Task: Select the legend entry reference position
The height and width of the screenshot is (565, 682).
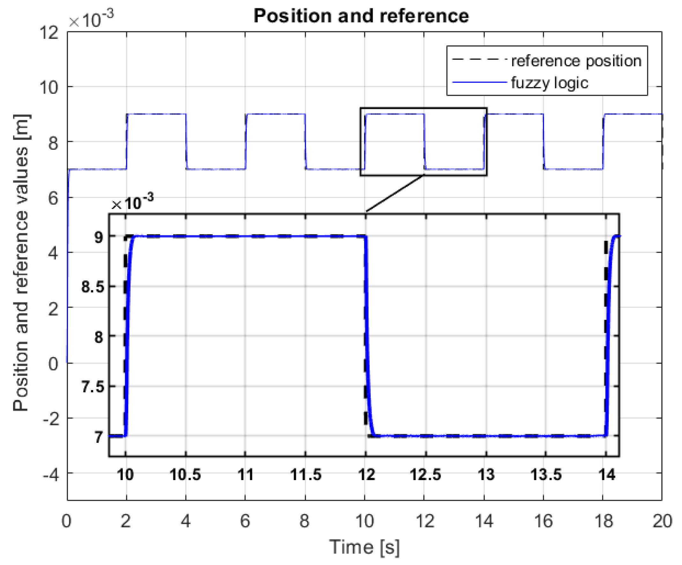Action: tap(576, 61)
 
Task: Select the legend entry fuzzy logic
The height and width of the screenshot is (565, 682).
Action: tap(550, 83)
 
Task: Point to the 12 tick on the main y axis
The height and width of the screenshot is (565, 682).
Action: tap(49, 33)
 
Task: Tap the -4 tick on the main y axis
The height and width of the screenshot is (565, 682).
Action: tap(51, 475)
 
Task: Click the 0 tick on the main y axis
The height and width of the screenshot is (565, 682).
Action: tap(54, 364)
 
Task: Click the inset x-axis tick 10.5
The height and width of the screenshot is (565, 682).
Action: tap(185, 475)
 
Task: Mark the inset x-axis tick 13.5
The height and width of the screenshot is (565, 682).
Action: tap(546, 475)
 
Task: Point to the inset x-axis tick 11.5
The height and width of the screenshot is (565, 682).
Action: tap(306, 475)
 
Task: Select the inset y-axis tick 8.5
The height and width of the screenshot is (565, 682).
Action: tap(93, 287)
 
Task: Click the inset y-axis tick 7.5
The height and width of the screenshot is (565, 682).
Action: tap(93, 387)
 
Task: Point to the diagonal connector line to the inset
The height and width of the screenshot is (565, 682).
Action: tap(395, 194)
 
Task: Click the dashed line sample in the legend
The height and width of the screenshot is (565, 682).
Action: tap(479, 60)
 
